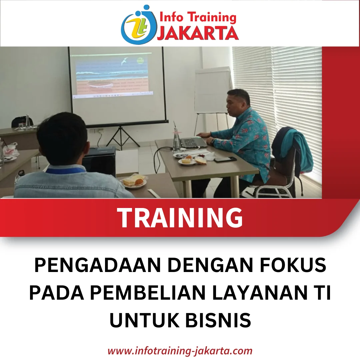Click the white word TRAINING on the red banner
pos(180,217)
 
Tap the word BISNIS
pos(218,320)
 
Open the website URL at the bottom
pos(180,351)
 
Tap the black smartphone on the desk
pos(225,159)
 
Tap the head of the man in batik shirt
pos(237,102)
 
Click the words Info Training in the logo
pos(197,17)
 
